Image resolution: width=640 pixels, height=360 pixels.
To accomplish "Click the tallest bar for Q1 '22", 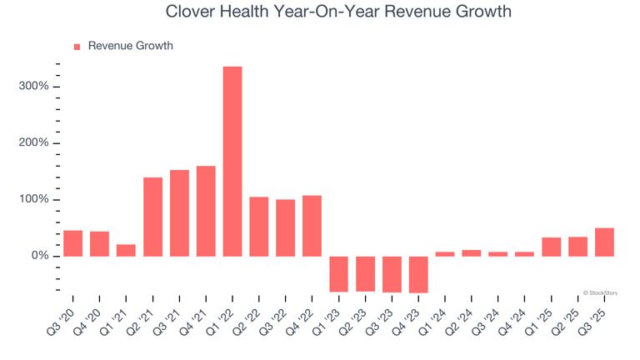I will (232, 161).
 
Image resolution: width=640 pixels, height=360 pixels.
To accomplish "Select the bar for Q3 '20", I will (73, 243).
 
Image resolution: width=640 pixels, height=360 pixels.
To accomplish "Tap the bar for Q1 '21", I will (126, 250).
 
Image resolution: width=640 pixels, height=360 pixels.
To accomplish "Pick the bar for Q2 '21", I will (152, 217).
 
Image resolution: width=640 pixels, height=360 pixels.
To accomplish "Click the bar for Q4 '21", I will (206, 211).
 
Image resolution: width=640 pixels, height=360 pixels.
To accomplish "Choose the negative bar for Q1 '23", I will (338, 273).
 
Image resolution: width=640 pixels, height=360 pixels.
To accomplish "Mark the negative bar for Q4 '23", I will (418, 274).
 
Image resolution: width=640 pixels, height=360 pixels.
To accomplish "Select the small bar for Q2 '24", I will (472, 253).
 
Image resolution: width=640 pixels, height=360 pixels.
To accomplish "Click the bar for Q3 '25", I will (604, 242).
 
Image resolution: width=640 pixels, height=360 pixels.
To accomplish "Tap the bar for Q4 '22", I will (312, 226).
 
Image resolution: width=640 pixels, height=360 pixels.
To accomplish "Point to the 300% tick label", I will (32, 87).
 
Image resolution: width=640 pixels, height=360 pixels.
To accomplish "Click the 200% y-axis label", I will (32, 143).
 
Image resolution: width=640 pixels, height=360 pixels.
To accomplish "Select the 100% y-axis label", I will (32, 200).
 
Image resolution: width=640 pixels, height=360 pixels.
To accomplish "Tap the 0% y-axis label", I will (38, 256).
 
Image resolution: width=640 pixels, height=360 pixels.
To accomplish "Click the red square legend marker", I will (77, 47).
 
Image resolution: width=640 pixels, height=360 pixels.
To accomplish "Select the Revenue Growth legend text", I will (131, 46).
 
